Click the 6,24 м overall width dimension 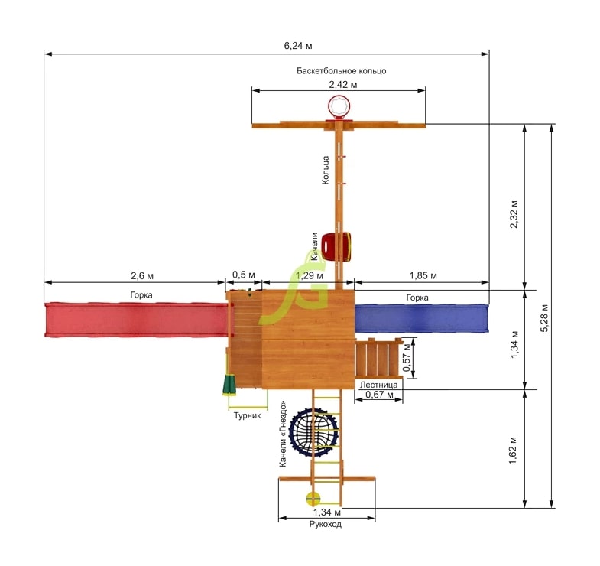point(298,46)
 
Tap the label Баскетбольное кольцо point(342,71)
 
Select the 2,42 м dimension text point(343,85)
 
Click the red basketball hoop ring point(339,107)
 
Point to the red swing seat point(336,246)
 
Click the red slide point(136,320)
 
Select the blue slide point(422,319)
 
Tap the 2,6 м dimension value point(142,275)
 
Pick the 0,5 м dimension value point(243,275)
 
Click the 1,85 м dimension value point(423,275)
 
